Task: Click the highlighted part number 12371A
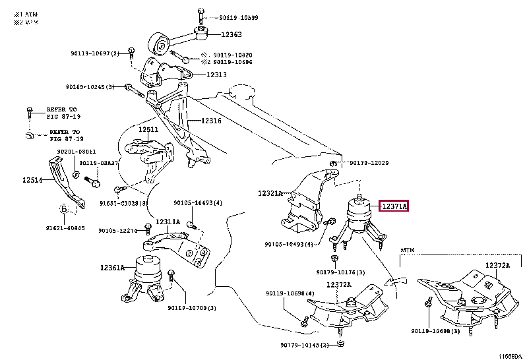394,207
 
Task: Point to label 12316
210,121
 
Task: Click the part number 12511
148,130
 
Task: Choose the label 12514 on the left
33,180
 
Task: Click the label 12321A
270,193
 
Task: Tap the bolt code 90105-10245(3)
90,86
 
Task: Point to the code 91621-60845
66,228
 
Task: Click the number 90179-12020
369,163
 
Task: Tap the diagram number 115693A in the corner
510,357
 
